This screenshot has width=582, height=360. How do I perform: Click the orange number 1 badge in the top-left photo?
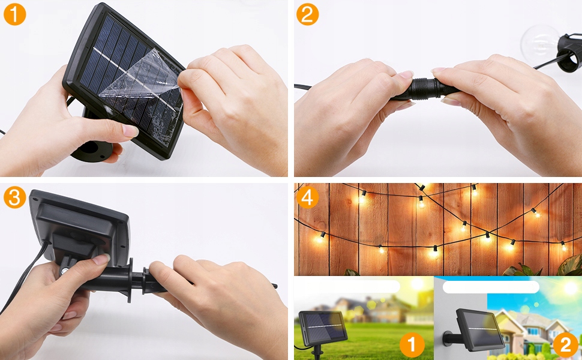coord(14,14)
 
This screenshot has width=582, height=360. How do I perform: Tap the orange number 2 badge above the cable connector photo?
coord(307,14)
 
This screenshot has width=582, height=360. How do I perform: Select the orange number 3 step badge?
coord(14,197)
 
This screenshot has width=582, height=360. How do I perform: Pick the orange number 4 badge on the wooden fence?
coord(307,197)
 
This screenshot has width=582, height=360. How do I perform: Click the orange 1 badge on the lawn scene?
coord(412,345)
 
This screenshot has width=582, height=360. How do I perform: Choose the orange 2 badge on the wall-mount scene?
coord(566,345)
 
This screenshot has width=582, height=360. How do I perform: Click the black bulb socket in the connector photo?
coord(569,53)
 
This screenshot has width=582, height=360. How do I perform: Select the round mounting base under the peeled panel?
coord(92,150)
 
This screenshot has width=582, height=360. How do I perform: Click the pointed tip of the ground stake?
coord(276,286)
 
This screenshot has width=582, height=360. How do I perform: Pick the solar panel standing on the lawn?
coord(323,326)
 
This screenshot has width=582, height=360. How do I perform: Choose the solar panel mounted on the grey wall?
coord(479,329)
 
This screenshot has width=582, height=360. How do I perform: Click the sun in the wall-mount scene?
coord(571,287)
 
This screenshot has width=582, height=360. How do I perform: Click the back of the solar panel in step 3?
coord(80,226)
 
